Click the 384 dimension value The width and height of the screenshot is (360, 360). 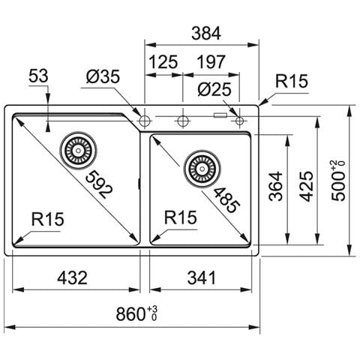coord(206,34)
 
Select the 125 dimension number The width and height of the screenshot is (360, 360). coord(163,62)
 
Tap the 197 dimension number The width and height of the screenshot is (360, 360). coord(211,62)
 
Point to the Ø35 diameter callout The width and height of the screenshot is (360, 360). coord(103,76)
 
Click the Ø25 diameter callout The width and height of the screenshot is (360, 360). coord(214,89)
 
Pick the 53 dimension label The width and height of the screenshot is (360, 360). coord(38,76)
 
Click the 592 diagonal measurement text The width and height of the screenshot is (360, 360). coord(99,184)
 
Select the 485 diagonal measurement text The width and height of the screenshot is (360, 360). coord(226,200)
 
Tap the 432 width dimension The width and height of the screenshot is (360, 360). coord(73,277)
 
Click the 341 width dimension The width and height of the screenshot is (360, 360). coord(202,277)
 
